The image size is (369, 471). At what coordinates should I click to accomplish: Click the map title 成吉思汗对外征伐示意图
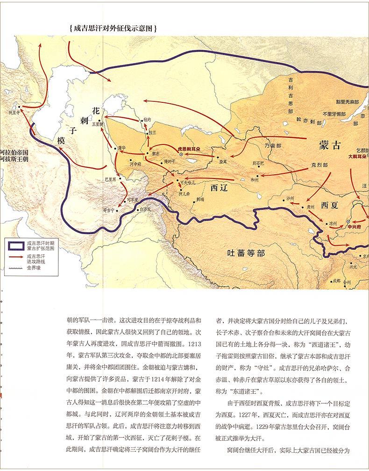pyautogui.click(x=112, y=28)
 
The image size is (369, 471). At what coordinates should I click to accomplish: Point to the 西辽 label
pyautogui.click(x=219, y=187)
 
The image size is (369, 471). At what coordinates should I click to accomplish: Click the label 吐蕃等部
pyautogui.click(x=246, y=253)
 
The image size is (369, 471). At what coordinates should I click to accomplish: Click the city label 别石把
pyautogui.click(x=258, y=163)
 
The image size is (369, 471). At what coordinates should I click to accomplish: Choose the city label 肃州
pyautogui.click(x=311, y=206)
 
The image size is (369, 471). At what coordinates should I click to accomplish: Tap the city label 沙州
pyautogui.click(x=290, y=198)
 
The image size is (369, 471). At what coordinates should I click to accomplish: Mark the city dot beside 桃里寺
pyautogui.click(x=18, y=107)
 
